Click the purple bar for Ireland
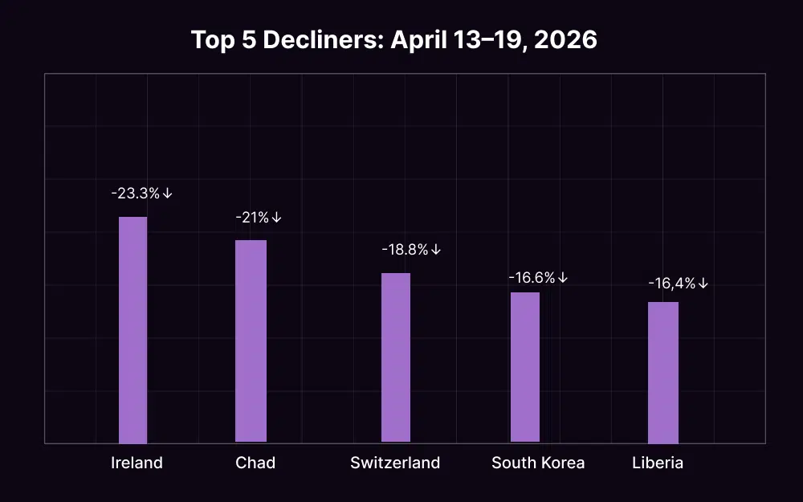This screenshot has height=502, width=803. point(133,329)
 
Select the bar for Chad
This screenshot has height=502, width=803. point(251,341)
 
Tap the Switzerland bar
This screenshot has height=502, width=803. point(395,357)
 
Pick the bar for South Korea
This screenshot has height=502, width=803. point(525,366)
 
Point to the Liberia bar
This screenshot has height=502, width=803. point(663,372)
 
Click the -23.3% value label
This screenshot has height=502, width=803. point(136,194)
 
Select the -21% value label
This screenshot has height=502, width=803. point(252,218)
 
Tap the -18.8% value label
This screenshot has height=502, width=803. point(405,250)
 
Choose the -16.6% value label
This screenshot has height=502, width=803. point(532,278)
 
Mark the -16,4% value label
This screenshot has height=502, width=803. point(671,284)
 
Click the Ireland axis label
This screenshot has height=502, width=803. point(137,463)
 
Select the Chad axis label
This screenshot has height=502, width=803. point(255,463)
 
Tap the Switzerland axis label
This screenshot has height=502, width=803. point(395,463)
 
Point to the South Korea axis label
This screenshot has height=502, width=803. point(538,463)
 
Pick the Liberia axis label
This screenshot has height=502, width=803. point(658,463)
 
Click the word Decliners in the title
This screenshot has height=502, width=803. point(325,40)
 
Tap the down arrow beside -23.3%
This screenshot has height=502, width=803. point(168,194)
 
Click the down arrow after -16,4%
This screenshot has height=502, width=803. point(703,284)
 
